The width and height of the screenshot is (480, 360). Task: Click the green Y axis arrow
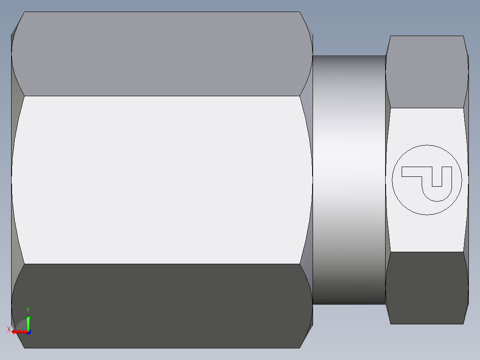[x=28, y=322]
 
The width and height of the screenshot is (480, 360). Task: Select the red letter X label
[x=8, y=330]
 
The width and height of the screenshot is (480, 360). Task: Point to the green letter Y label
[x=28, y=310]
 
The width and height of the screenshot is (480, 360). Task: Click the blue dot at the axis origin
[x=28, y=332]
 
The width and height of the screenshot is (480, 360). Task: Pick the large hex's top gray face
[x=160, y=53]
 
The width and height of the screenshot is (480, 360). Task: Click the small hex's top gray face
[x=427, y=71]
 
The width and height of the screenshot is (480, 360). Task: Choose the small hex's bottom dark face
[x=427, y=287]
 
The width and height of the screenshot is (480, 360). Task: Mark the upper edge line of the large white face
[x=160, y=96]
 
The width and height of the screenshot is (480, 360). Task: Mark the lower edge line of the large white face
[x=160, y=264]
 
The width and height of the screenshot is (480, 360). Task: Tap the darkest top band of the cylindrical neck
[x=349, y=60]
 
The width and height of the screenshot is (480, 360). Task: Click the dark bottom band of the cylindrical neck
[x=349, y=299]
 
